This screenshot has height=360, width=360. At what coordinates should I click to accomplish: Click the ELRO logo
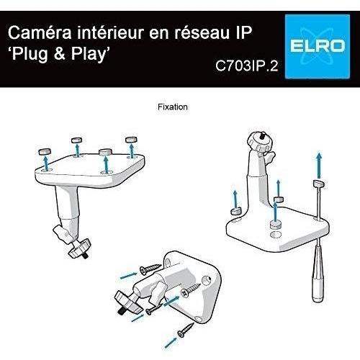(x=318, y=47)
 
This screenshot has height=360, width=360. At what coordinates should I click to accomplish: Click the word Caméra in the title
(x=40, y=32)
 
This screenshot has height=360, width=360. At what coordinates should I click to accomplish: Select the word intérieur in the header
(x=111, y=32)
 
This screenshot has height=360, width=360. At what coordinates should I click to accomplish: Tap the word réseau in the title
(x=202, y=33)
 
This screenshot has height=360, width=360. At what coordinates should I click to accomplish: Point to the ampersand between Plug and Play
(x=60, y=53)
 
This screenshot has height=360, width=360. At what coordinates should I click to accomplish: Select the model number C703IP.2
(x=247, y=66)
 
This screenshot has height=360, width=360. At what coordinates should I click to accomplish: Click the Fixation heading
(x=173, y=107)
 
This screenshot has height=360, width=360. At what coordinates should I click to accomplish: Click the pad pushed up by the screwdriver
(x=319, y=184)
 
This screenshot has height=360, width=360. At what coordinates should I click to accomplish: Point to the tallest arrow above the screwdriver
(x=319, y=165)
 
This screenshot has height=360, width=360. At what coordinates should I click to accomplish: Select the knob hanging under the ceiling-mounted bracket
(x=79, y=248)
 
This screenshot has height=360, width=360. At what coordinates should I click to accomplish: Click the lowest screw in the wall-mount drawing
(x=186, y=330)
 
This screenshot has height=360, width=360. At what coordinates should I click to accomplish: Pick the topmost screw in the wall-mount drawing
(x=150, y=269)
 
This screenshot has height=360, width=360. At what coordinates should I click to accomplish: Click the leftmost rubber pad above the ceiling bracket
(x=45, y=151)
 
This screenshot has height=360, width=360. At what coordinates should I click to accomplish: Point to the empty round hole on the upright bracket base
(x=275, y=234)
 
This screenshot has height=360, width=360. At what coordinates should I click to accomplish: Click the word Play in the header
(x=89, y=54)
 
